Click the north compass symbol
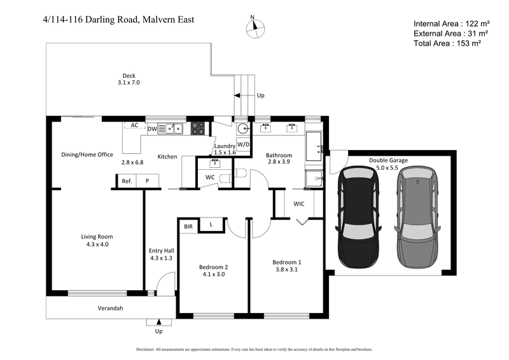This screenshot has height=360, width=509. (x=256, y=26)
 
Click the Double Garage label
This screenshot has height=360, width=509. (x=388, y=160)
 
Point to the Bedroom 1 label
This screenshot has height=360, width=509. (x=287, y=262)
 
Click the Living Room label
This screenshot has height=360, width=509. (x=97, y=237)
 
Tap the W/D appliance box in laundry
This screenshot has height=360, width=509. (x=244, y=144)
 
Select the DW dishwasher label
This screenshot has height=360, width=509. (x=152, y=129)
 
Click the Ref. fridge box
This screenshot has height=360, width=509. (x=127, y=181)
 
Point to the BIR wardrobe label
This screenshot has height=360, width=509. (x=188, y=226)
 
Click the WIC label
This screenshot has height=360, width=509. (x=299, y=204)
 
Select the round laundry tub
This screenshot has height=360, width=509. (x=243, y=129)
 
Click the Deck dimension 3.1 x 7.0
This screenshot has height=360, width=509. (x=129, y=83)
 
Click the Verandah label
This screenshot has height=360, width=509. (x=110, y=308)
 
